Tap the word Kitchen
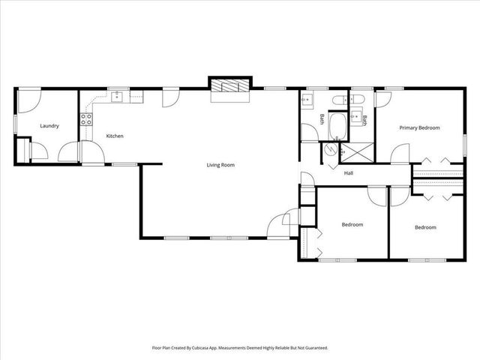[x=115, y=136]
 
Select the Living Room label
[x=221, y=165]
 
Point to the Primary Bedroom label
[x=419, y=127]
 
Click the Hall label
[x=349, y=174]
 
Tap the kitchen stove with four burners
[x=86, y=118]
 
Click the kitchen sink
[x=116, y=96]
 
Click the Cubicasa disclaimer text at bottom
[x=240, y=348]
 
